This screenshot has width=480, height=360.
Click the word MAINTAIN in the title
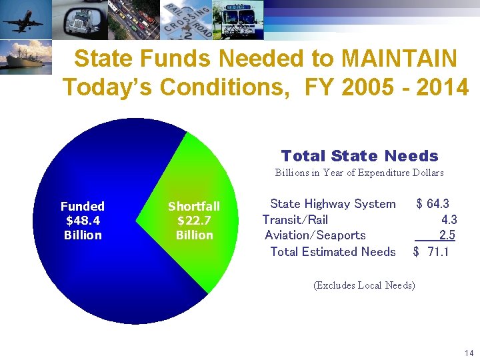tap(399, 59)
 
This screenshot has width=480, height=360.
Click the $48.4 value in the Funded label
tap(82, 221)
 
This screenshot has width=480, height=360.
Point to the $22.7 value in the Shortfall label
tap(194, 221)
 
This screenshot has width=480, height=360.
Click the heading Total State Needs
tap(359, 156)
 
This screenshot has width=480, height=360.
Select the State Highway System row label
tap(332, 204)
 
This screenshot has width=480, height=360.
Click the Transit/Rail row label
tap(295, 219)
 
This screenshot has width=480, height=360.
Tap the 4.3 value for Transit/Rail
tap(449, 219)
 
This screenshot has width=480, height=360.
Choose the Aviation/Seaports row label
tap(315, 235)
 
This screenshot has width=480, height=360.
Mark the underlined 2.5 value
tap(447, 235)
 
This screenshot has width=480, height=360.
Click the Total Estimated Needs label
tap(333, 251)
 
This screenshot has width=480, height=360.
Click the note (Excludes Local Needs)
tap(364, 285)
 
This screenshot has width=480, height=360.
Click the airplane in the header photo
tap(22, 20)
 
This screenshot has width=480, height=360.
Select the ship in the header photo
tap(23, 59)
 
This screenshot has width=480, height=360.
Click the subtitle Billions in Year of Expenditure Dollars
tap(359, 173)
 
